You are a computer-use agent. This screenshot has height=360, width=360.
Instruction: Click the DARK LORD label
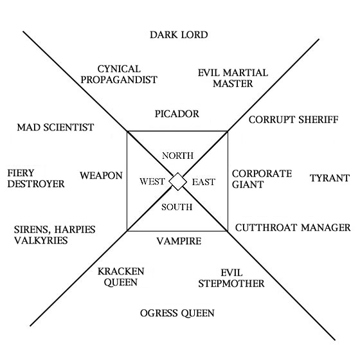(179, 35)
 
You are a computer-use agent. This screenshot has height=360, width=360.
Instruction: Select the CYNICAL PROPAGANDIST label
(127, 74)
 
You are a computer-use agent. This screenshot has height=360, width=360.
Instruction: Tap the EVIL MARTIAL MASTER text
(233, 78)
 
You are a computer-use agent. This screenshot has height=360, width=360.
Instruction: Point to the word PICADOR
(177, 114)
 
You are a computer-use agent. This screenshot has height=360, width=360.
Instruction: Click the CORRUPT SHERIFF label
(292, 120)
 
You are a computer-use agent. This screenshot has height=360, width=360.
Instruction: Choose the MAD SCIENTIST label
(55, 127)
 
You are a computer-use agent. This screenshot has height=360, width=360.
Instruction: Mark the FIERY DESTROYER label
(36, 178)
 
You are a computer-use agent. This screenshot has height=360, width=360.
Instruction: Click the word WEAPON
(102, 175)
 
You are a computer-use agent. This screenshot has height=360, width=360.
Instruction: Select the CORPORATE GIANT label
(262, 179)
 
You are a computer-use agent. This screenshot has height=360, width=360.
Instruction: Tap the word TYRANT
(329, 178)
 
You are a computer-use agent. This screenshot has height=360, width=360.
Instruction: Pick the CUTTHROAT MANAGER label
(292, 228)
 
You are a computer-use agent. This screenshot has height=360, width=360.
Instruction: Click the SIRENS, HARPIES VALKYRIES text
(49, 234)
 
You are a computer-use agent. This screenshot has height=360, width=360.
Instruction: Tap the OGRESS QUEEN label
(177, 313)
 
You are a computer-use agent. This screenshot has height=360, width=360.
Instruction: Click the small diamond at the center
(178, 181)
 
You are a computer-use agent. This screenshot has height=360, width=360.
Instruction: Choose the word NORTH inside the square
(177, 156)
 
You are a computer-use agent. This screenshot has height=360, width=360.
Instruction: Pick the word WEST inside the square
(153, 182)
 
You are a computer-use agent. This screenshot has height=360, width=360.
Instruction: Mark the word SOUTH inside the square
(178, 207)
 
